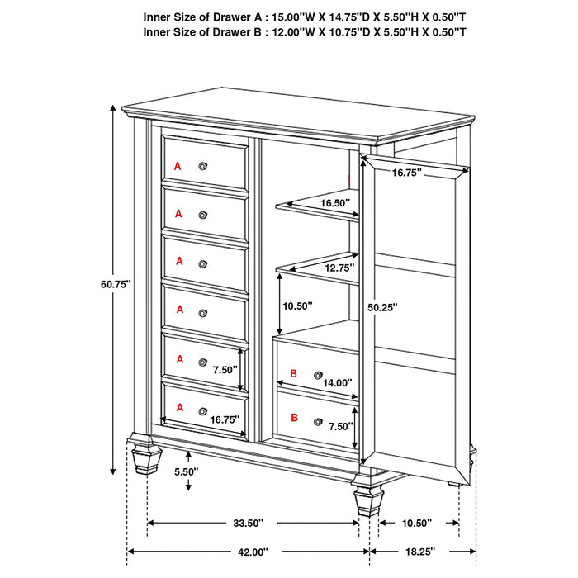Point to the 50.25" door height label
pos(381,306)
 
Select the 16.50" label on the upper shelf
pos(335,202)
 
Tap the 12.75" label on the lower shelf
pos(339,268)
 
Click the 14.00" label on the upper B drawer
pos(338,383)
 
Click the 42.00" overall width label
pos(247,552)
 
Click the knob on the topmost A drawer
pos(202,166)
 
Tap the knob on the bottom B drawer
pos(318,421)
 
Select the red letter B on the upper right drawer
pos(293,375)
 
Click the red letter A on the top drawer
pos(177,166)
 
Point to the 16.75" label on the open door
pos(406,173)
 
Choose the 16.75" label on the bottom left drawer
pos(224,419)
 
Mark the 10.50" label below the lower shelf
pos(296,306)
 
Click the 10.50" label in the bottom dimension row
pos(419,523)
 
